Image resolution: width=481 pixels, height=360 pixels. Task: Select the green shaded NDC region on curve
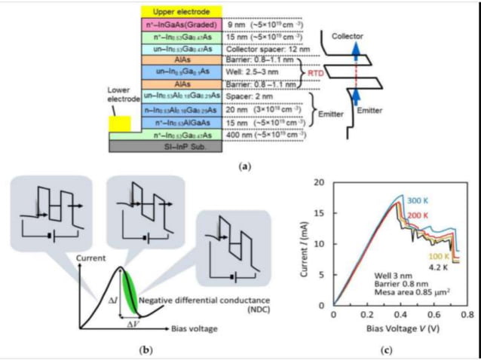(x=130, y=290)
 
